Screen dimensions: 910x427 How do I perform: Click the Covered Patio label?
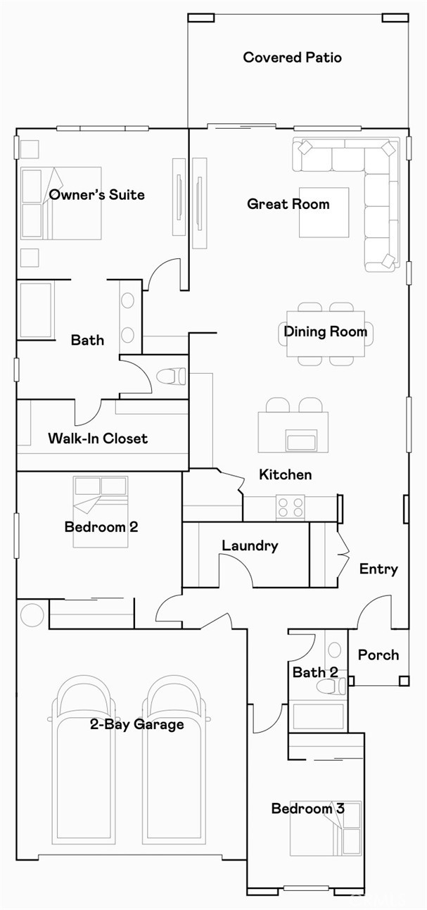[x=292, y=58]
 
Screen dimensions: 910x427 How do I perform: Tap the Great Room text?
[x=288, y=204]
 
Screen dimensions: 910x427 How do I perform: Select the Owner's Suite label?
[x=96, y=195]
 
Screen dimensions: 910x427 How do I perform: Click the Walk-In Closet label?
[x=98, y=438]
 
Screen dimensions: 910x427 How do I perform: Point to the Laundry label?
[x=250, y=545]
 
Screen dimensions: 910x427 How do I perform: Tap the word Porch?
[x=378, y=655]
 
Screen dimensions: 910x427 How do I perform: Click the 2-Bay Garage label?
[x=136, y=724]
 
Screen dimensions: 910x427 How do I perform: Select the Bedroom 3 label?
[x=307, y=809]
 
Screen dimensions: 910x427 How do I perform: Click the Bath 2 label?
[x=315, y=672]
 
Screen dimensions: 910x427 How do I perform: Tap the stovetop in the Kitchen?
[x=290, y=507]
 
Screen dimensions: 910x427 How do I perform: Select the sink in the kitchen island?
[x=302, y=442]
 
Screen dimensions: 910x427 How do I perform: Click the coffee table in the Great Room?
[x=324, y=212]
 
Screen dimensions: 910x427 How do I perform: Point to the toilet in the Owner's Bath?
[x=170, y=377]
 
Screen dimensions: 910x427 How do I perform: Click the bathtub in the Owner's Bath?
[x=35, y=310]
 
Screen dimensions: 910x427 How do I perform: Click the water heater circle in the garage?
[x=32, y=614]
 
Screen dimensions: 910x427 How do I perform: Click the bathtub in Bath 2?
[x=318, y=716]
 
